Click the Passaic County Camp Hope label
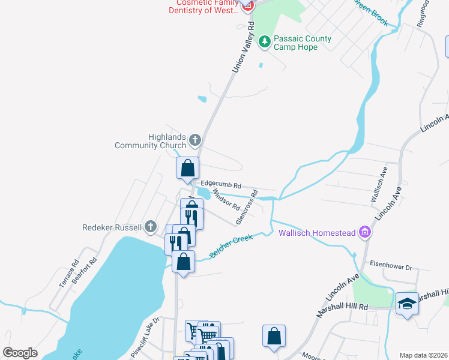tap(302, 43)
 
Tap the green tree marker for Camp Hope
tap(264, 42)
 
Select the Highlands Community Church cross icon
tap(194, 141)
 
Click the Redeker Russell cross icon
tap(151, 227)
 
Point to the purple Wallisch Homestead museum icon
tap(364, 232)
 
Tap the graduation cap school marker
tap(406, 304)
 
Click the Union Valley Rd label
tap(244, 49)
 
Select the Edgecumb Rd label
tap(221, 185)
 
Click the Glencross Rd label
tap(247, 208)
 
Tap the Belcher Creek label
tap(231, 247)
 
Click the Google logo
tap(20, 353)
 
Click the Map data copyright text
tap(423, 355)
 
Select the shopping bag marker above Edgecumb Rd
tap(187, 168)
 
